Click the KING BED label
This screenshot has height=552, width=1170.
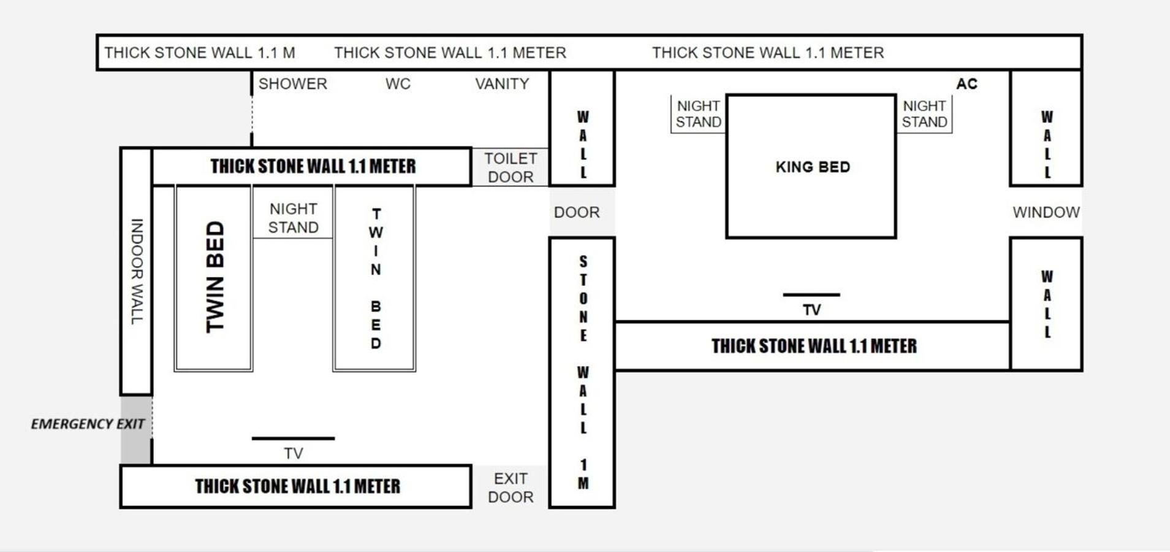[813, 167]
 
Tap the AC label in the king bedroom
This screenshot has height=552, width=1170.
[967, 84]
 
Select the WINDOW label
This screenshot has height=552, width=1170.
[1046, 212]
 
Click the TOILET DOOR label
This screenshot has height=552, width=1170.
[511, 167]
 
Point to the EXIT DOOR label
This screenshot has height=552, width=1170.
[511, 488]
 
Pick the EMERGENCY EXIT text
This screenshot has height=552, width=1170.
[88, 424]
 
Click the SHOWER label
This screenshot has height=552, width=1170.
[292, 84]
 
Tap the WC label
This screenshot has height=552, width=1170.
[398, 84]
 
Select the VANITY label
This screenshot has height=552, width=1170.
[502, 84]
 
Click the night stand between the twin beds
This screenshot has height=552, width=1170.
[293, 212]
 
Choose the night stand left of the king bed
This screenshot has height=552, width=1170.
[698, 114]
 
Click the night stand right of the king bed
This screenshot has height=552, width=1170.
[924, 114]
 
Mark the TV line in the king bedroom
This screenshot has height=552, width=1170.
[811, 295]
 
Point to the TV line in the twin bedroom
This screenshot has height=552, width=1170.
[293, 439]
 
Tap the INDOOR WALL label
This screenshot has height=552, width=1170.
[137, 271]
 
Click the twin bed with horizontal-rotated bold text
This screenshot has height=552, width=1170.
[213, 278]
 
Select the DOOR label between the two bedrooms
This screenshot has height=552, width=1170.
[577, 212]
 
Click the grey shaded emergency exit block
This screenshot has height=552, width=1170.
[136, 430]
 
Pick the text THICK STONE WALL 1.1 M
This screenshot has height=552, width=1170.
[200, 53]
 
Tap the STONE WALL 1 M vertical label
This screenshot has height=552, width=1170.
[583, 372]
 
